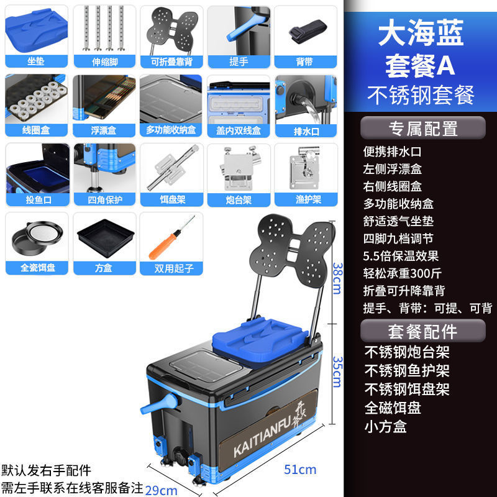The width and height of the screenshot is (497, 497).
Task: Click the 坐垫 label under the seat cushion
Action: point(35,62)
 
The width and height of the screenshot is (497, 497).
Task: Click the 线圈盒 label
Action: point(35,130)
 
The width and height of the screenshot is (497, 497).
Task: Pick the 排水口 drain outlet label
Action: point(305,130)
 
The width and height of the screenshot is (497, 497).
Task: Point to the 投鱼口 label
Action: point(35,199)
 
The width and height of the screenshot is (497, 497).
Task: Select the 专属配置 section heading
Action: point(423,128)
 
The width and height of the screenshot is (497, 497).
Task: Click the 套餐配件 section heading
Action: point(423,331)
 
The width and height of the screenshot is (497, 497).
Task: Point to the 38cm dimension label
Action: point(336,271)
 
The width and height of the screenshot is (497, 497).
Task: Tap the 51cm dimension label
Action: point(300,469)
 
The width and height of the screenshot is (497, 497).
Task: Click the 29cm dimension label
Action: point(162,490)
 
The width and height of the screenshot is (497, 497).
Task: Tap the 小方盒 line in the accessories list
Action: point(386,426)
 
